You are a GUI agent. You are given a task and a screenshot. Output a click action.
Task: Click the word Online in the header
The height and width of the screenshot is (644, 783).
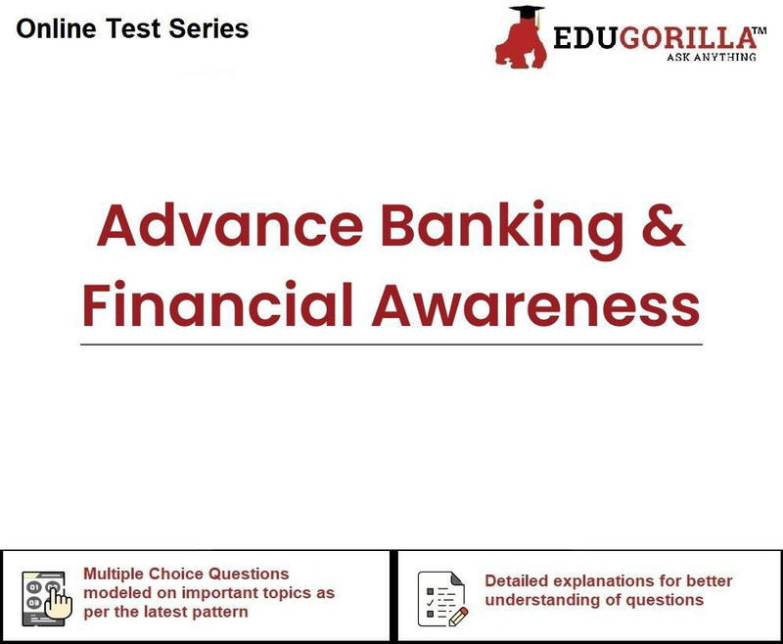[x=56, y=28]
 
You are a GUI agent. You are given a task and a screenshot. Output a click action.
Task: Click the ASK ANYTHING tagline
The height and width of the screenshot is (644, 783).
[x=712, y=57]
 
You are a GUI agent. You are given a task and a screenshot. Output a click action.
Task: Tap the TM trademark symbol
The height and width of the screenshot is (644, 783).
[x=760, y=31]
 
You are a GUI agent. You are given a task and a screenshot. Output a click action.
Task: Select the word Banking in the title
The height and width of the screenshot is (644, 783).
[x=502, y=230]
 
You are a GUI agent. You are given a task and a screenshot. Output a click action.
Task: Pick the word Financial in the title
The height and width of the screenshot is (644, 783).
[x=218, y=304]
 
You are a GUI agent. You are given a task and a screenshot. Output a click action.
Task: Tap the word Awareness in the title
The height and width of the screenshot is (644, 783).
[x=535, y=304]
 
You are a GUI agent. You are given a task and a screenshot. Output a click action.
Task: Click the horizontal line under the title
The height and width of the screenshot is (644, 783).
[x=391, y=345]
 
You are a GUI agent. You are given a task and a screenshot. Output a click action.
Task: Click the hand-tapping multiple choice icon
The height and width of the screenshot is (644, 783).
[x=47, y=599]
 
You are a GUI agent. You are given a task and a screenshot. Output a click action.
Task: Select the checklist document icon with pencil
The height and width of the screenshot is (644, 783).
[x=443, y=599]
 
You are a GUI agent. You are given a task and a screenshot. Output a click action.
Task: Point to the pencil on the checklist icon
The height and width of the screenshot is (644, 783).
[x=458, y=617]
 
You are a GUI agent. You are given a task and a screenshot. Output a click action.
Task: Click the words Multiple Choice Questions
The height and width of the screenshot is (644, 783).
[x=186, y=575]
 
